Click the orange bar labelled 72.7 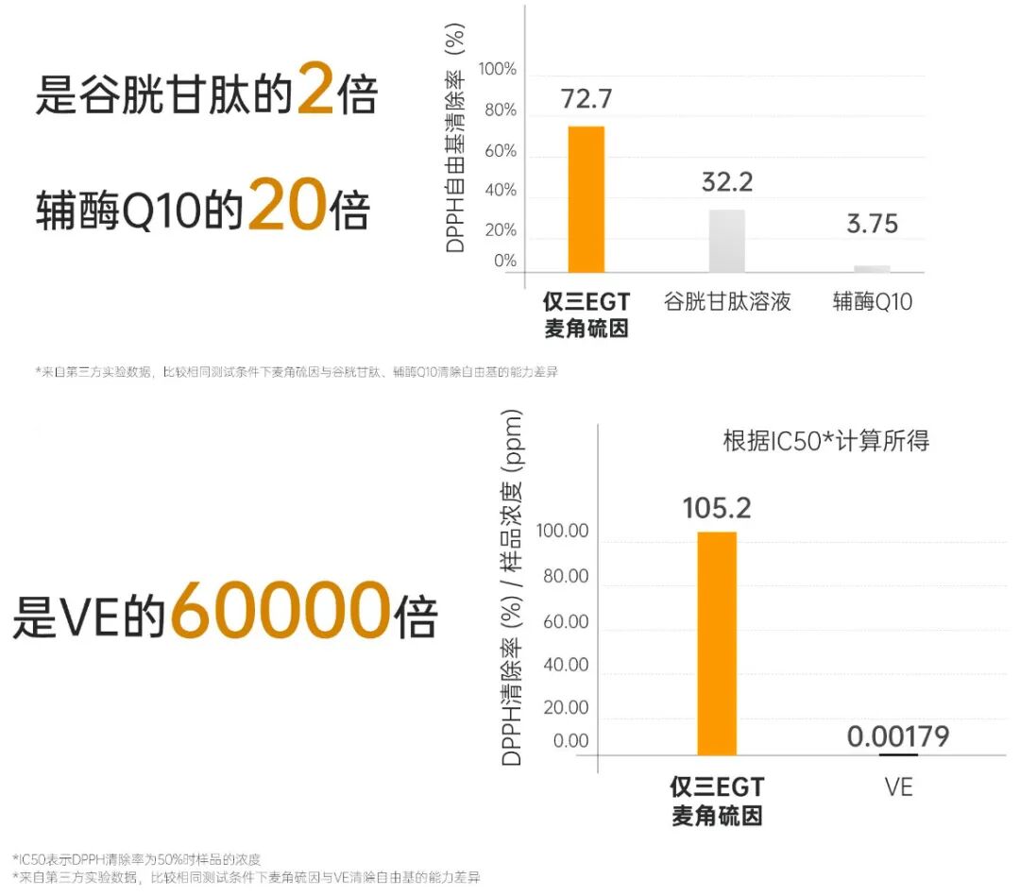point(586,199)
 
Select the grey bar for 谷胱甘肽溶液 point(726,242)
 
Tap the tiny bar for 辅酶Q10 point(872,269)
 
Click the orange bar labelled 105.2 point(717,644)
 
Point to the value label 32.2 point(727,182)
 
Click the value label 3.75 point(873,224)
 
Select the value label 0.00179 point(898,736)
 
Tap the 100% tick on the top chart point(498,69)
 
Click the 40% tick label point(501,191)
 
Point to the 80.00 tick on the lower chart point(566,576)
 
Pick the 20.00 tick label point(566,707)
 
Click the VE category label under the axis point(898,787)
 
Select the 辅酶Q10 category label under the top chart point(873,302)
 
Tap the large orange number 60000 point(280,609)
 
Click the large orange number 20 point(287,205)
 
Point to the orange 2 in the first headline point(316,88)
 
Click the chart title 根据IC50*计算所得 point(826,441)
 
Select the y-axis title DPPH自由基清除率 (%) point(455,138)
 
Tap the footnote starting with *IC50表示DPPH point(137,859)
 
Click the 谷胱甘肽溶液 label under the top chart point(727,302)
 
